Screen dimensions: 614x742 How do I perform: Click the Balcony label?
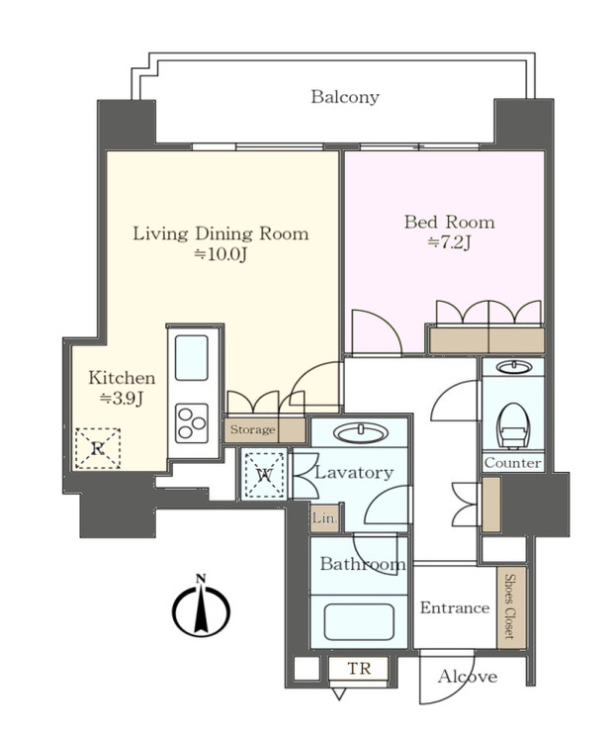(345, 97)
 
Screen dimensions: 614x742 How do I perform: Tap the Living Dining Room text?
(220, 233)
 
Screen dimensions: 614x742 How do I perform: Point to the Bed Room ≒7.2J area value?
(450, 243)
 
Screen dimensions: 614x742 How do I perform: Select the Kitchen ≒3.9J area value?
(122, 399)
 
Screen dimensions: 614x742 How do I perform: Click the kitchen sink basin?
(192, 358)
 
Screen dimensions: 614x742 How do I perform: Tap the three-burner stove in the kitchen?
(192, 423)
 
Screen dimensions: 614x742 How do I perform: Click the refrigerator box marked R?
(98, 448)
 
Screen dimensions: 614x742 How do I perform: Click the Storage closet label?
(252, 429)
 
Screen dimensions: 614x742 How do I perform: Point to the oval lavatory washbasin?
(361, 433)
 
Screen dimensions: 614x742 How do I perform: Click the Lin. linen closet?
(325, 517)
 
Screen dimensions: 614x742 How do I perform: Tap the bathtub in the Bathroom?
(359, 621)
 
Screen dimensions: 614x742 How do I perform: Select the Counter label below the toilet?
(512, 463)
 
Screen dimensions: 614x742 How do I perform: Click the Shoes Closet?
(511, 607)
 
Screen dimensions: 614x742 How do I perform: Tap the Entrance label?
(455, 607)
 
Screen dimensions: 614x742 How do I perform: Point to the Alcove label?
(468, 677)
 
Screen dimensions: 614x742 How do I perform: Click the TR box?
(359, 669)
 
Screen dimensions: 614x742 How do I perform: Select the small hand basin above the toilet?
(513, 367)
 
